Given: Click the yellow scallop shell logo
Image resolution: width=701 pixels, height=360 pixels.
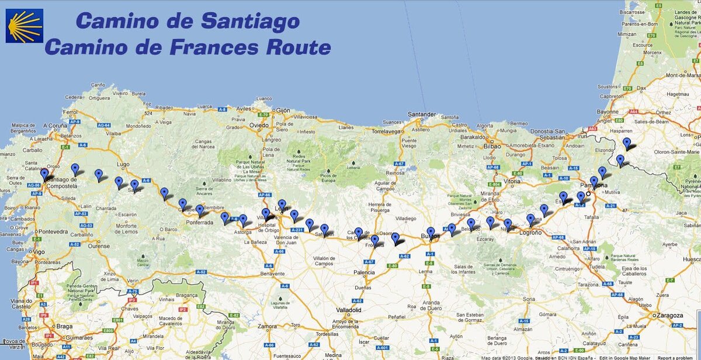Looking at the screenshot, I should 24,26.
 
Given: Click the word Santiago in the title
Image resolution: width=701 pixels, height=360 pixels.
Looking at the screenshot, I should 251,21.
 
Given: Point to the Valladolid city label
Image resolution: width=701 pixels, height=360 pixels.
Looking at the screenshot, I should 348,309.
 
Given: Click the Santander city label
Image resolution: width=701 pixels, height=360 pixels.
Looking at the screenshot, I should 422,114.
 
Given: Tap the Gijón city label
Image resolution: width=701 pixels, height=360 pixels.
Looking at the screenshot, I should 283,110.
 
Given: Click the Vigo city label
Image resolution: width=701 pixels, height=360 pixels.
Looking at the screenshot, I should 39,251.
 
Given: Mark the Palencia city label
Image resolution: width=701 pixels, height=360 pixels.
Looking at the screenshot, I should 364,272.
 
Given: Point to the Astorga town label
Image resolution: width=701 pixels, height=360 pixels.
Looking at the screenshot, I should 242,232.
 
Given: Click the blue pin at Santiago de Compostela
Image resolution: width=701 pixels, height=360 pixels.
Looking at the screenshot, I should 44,174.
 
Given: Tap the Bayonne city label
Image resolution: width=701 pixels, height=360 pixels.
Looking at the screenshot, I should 608,110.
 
